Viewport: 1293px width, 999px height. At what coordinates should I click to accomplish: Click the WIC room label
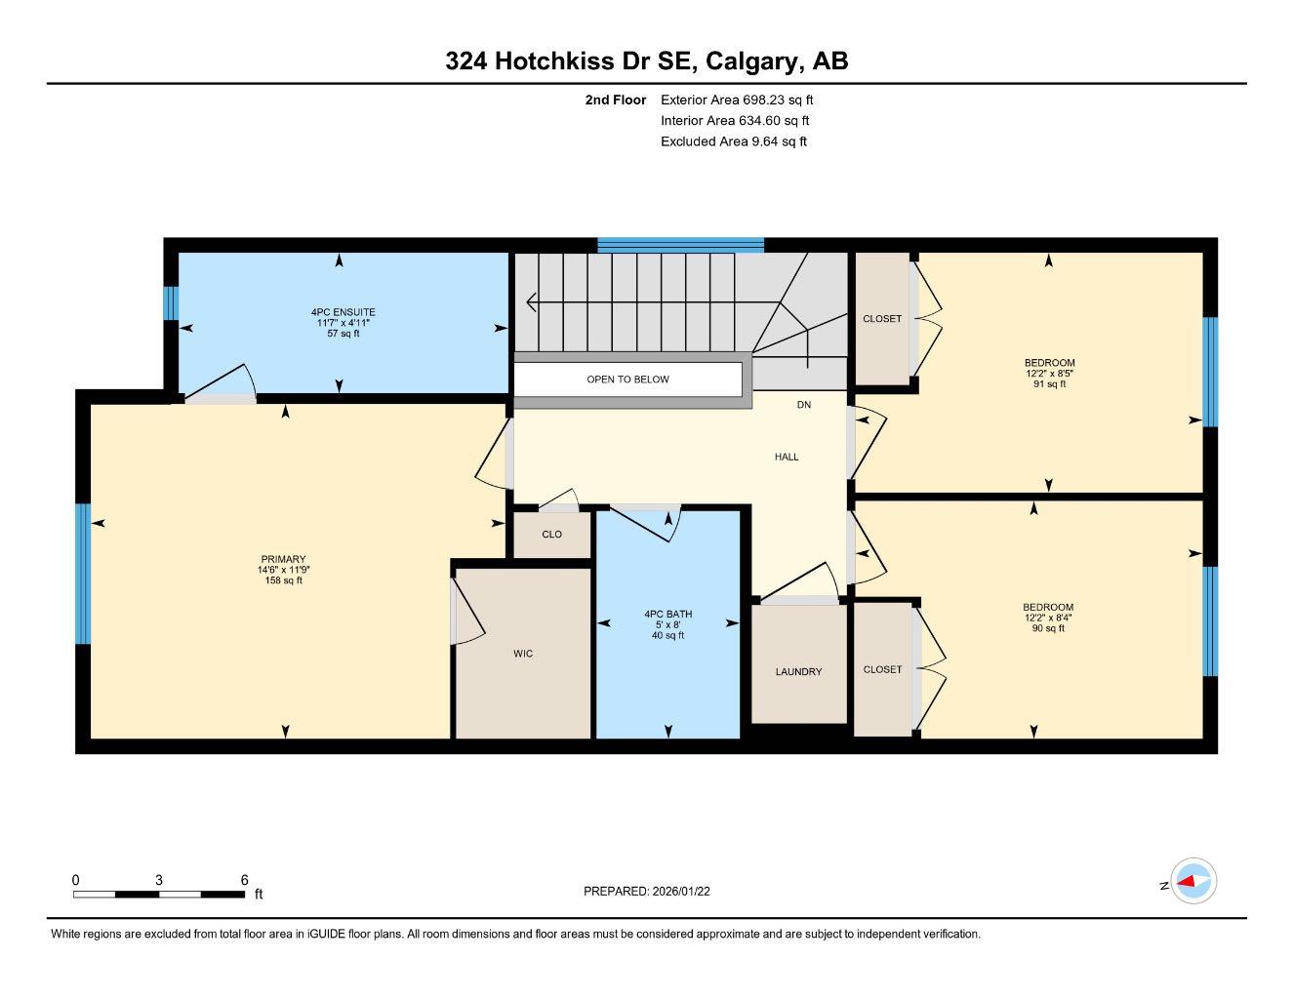click(x=523, y=654)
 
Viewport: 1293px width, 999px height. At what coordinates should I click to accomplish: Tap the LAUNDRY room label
click(x=798, y=671)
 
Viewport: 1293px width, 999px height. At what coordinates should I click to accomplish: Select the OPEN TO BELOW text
click(x=627, y=380)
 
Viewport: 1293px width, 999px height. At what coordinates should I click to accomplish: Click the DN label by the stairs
click(x=803, y=404)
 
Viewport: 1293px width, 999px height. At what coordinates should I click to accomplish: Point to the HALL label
click(x=787, y=457)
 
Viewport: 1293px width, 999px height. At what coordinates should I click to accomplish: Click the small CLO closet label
click(x=551, y=534)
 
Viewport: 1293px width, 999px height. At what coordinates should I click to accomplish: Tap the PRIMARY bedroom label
click(x=283, y=559)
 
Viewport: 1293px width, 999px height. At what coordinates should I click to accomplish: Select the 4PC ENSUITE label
click(x=343, y=312)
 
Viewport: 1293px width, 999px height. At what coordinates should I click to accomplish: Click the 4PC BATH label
click(x=667, y=614)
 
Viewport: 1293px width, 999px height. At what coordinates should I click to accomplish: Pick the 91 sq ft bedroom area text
click(x=1049, y=384)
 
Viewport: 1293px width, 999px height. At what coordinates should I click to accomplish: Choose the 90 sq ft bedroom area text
click(x=1049, y=628)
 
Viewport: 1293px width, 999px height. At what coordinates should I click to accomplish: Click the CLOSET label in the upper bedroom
click(x=882, y=319)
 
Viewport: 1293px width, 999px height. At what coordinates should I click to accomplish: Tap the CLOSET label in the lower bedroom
click(x=882, y=669)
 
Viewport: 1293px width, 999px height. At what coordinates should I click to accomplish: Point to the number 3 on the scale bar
click(x=159, y=879)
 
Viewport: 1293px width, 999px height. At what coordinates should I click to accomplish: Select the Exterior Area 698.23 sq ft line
click(x=737, y=100)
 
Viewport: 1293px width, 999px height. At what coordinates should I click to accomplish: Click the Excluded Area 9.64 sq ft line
click(x=734, y=141)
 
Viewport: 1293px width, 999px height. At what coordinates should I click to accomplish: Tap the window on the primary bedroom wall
click(x=83, y=574)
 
